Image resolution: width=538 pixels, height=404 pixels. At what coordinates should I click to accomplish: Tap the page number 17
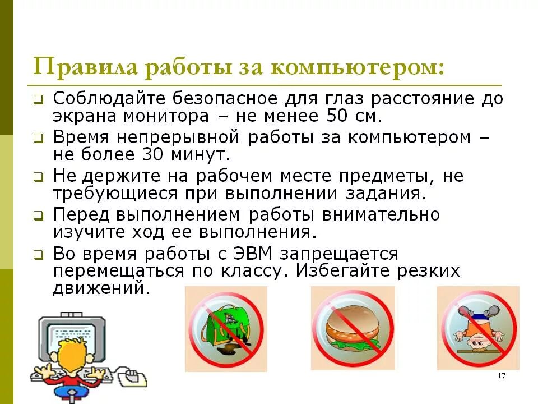coord(502,375)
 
